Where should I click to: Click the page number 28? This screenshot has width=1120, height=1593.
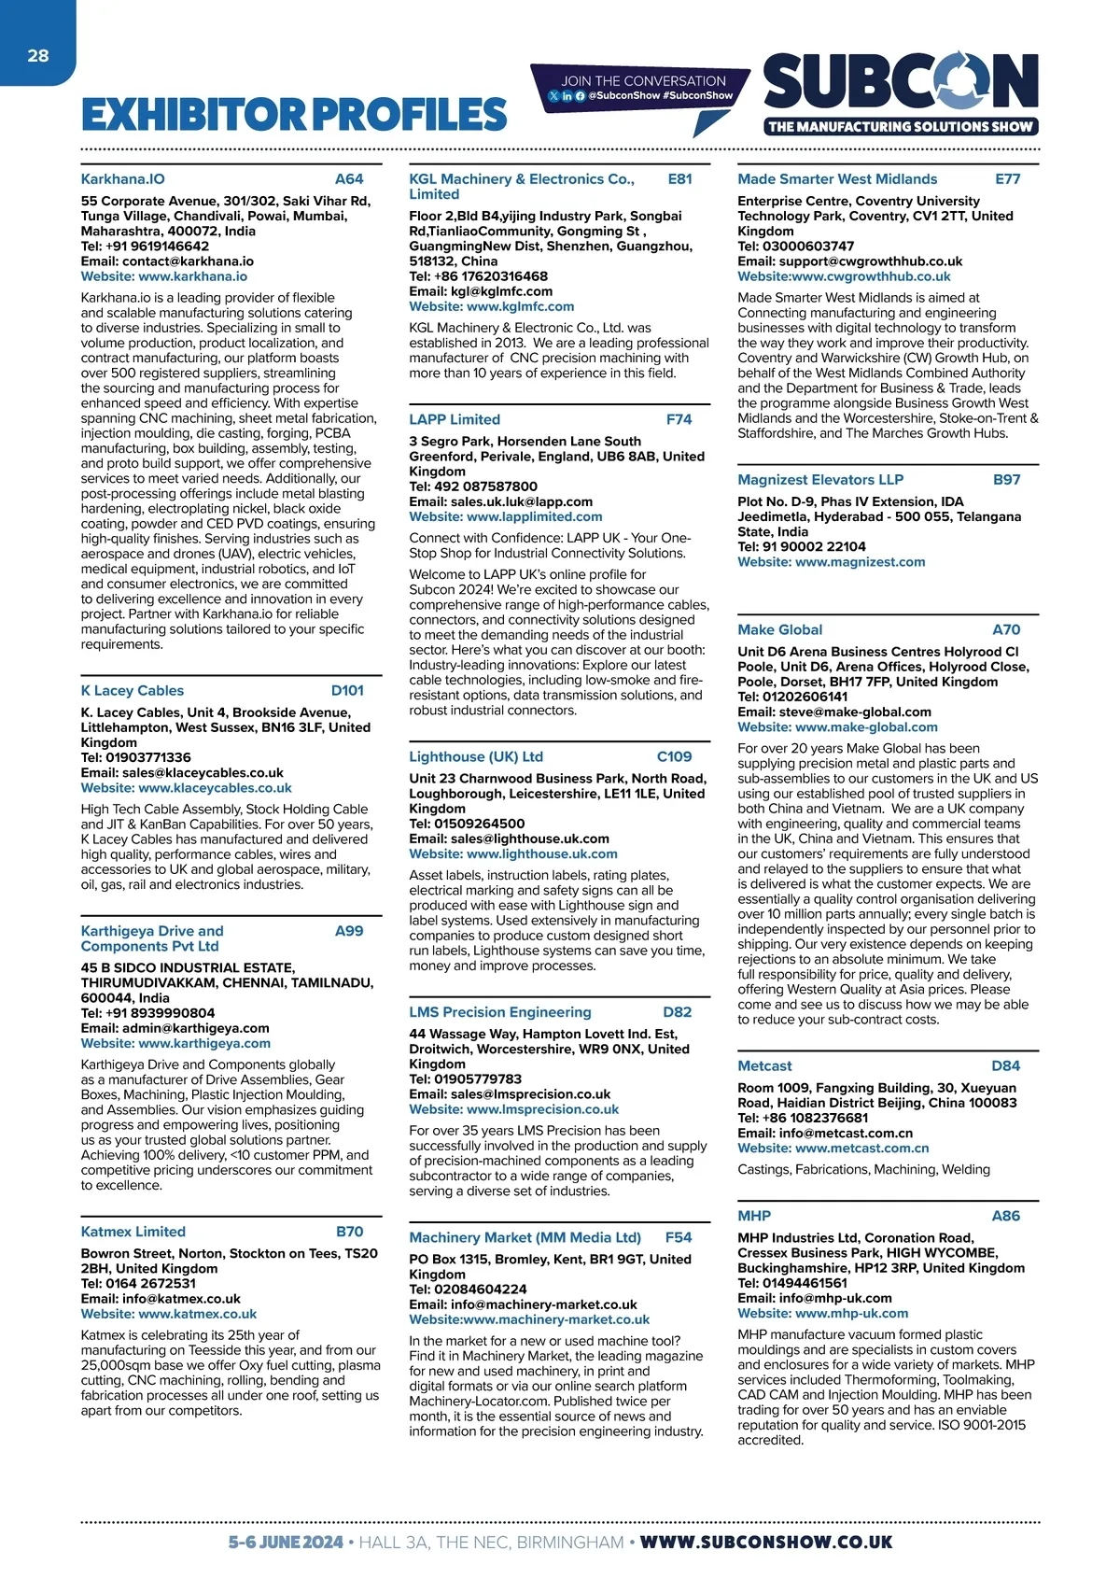click(37, 56)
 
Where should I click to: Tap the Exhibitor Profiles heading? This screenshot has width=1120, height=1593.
click(294, 115)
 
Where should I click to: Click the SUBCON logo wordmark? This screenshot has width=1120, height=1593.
click(901, 82)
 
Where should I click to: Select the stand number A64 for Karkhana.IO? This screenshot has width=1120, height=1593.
click(349, 179)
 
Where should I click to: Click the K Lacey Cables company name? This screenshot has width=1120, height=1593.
click(133, 691)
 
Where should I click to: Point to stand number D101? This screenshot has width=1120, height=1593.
click(347, 691)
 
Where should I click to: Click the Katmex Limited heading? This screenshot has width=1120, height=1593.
click(133, 1233)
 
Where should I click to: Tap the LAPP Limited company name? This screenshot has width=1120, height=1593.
click(455, 420)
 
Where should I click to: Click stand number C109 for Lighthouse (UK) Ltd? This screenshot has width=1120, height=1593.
click(674, 757)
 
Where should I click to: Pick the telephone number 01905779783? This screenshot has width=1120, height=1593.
click(478, 1079)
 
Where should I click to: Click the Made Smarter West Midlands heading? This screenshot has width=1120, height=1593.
click(837, 179)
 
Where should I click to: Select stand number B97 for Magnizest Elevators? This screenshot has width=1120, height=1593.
click(1006, 480)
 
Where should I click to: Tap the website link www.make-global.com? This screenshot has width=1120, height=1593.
click(866, 727)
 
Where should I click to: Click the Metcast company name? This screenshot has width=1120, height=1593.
click(764, 1066)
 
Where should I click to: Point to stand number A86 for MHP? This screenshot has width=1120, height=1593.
click(1005, 1217)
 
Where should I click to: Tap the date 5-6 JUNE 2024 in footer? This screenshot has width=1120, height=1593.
click(286, 1543)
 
